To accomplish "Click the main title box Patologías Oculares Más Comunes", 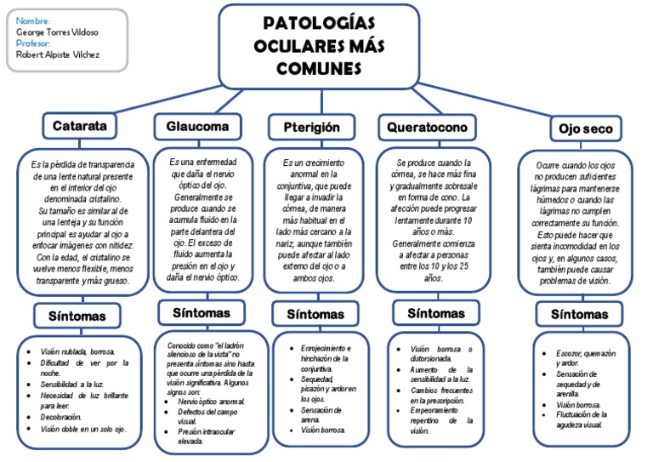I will click(x=318, y=44).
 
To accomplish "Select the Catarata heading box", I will click(x=80, y=126).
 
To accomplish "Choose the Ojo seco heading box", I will click(x=586, y=128).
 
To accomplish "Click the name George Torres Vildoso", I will click(x=57, y=31).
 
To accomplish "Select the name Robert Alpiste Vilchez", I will click(x=58, y=54).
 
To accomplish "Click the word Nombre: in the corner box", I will click(x=33, y=20).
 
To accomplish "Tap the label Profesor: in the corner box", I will click(x=34, y=43).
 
